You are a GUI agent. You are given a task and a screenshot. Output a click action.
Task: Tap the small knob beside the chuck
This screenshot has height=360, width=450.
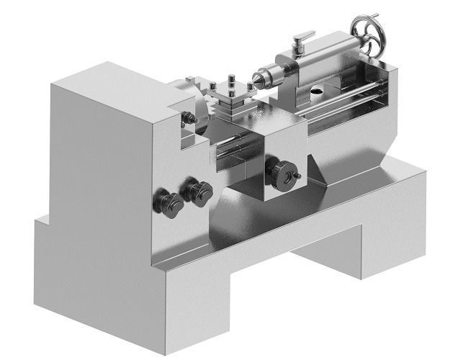189,117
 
